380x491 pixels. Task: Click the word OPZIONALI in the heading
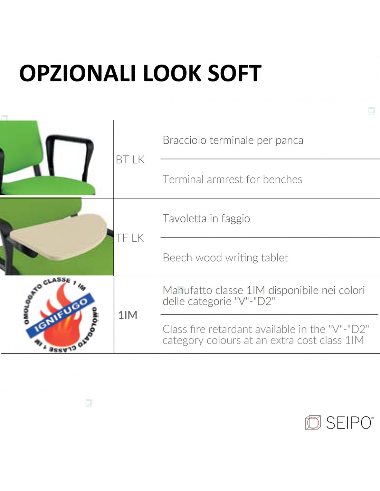(77, 73)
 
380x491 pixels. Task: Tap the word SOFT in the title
(235, 73)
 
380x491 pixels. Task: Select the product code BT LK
(130, 160)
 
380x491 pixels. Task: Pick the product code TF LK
(130, 238)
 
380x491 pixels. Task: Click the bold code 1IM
(128, 315)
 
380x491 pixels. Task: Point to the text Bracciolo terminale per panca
(233, 140)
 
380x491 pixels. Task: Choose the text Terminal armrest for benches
(232, 180)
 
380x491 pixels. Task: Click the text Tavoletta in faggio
(206, 219)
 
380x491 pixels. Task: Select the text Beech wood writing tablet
(225, 258)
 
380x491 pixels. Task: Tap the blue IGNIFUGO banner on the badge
(60, 316)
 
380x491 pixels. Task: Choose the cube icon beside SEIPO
(313, 423)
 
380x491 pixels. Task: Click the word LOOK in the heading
(172, 73)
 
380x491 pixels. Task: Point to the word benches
(283, 180)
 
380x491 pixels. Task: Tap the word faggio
(236, 219)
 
